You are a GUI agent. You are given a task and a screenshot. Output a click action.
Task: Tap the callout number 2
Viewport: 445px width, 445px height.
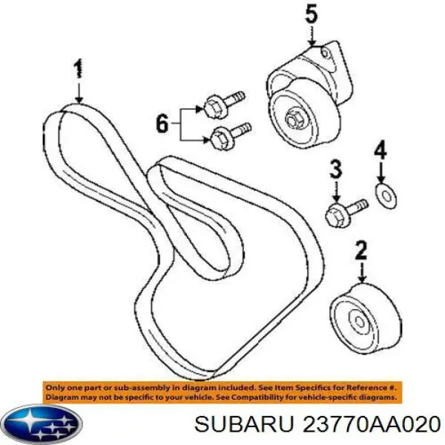(361, 250)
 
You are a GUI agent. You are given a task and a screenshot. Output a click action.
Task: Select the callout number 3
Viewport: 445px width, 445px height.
(336, 168)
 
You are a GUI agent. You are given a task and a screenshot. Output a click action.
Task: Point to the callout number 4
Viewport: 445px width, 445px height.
(380, 150)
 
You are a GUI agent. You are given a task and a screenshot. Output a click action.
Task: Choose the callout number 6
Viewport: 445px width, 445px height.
(162, 123)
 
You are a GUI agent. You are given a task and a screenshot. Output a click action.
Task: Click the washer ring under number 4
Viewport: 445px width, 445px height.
(386, 196)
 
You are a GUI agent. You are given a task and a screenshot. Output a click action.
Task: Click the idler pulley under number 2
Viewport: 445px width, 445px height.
(366, 318)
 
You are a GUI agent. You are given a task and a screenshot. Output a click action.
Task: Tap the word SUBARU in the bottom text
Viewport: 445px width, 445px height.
(243, 425)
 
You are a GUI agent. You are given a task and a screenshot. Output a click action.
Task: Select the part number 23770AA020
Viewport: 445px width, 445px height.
(372, 425)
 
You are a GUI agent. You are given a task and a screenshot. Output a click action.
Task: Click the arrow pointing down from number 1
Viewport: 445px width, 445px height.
(79, 93)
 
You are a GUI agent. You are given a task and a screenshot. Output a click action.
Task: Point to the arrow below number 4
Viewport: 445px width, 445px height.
(380, 172)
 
